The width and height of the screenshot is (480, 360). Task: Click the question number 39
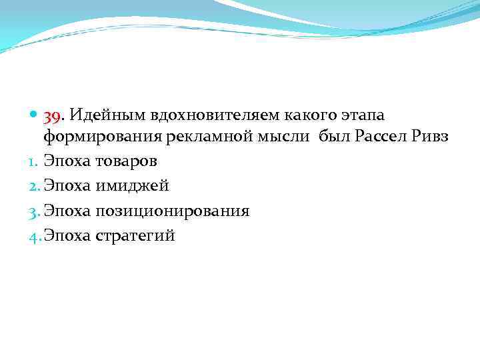pyautogui.click(x=53, y=117)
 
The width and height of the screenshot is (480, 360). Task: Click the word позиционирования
pyautogui.click(x=172, y=211)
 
